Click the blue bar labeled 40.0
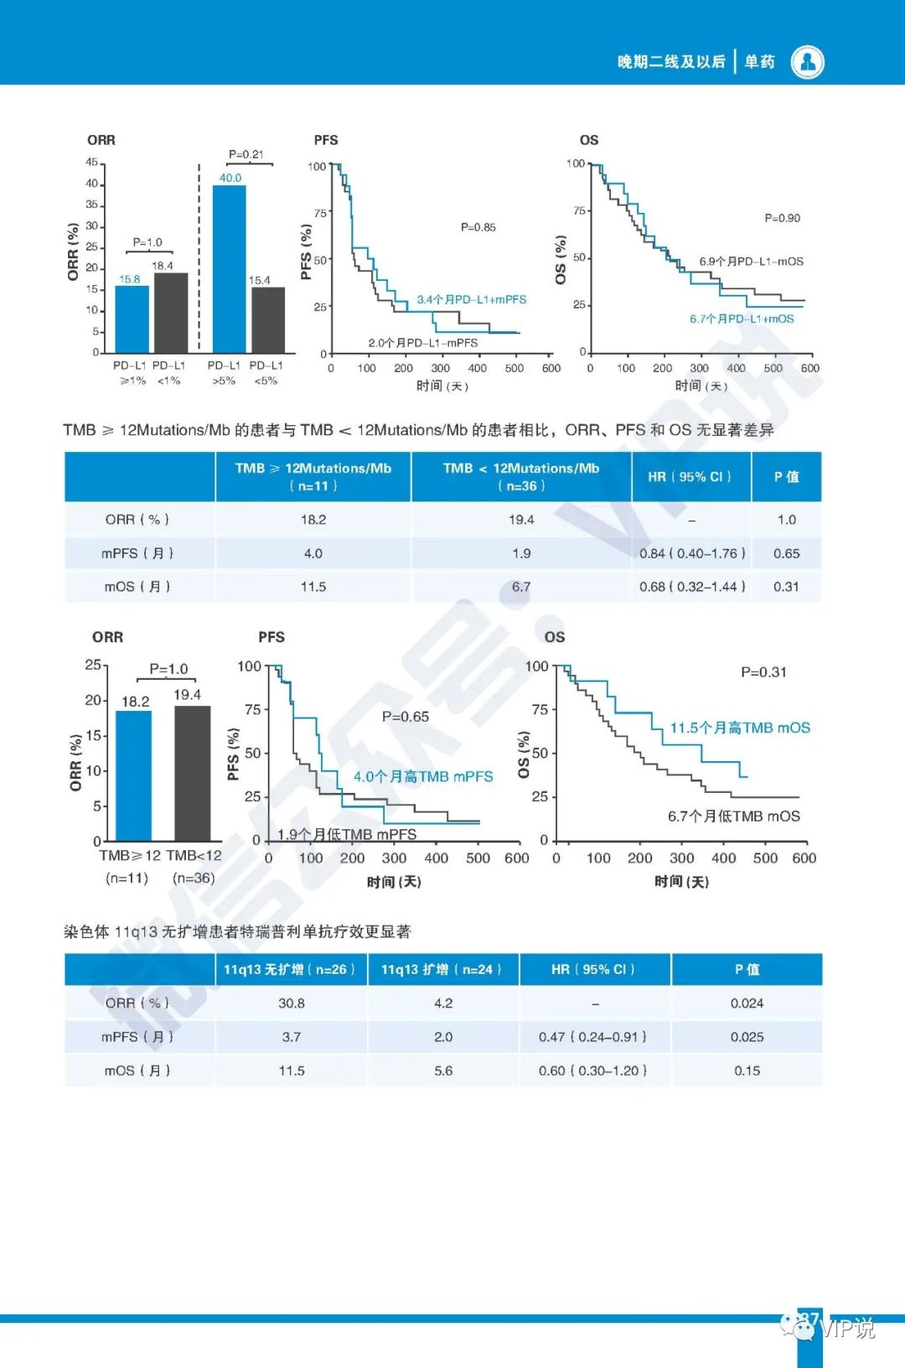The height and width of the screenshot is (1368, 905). pyautogui.click(x=229, y=268)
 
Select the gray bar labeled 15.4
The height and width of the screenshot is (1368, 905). pyautogui.click(x=268, y=319)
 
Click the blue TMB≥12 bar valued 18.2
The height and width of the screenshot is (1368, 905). pyautogui.click(x=134, y=775)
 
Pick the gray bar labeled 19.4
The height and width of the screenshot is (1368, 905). pyautogui.click(x=193, y=773)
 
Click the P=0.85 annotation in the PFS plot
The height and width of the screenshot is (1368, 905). pyautogui.click(x=478, y=227)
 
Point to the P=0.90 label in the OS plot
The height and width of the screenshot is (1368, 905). pyautogui.click(x=782, y=218)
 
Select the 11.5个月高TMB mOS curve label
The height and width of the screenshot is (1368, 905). pyautogui.click(x=740, y=728)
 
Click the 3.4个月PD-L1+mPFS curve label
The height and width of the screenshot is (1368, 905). pyautogui.click(x=472, y=299)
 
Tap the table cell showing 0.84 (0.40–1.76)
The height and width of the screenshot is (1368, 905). pyautogui.click(x=691, y=553)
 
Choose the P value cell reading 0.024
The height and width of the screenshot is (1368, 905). pyautogui.click(x=747, y=1003)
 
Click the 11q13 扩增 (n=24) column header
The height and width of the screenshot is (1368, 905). pyautogui.click(x=442, y=970)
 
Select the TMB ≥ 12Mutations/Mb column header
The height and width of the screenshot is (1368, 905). pyautogui.click(x=313, y=476)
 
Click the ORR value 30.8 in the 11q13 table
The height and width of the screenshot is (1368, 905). pyautogui.click(x=292, y=1003)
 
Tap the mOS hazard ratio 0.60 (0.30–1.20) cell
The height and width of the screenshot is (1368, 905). pyautogui.click(x=594, y=1070)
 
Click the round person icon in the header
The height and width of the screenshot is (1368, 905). pyautogui.click(x=808, y=62)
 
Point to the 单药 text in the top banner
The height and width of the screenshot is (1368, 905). pyautogui.click(x=760, y=62)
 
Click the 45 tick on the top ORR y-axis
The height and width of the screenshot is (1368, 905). pyautogui.click(x=91, y=162)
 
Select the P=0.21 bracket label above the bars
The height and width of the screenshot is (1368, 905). pyautogui.click(x=246, y=154)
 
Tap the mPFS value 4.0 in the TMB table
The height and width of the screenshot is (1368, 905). pyautogui.click(x=313, y=553)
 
